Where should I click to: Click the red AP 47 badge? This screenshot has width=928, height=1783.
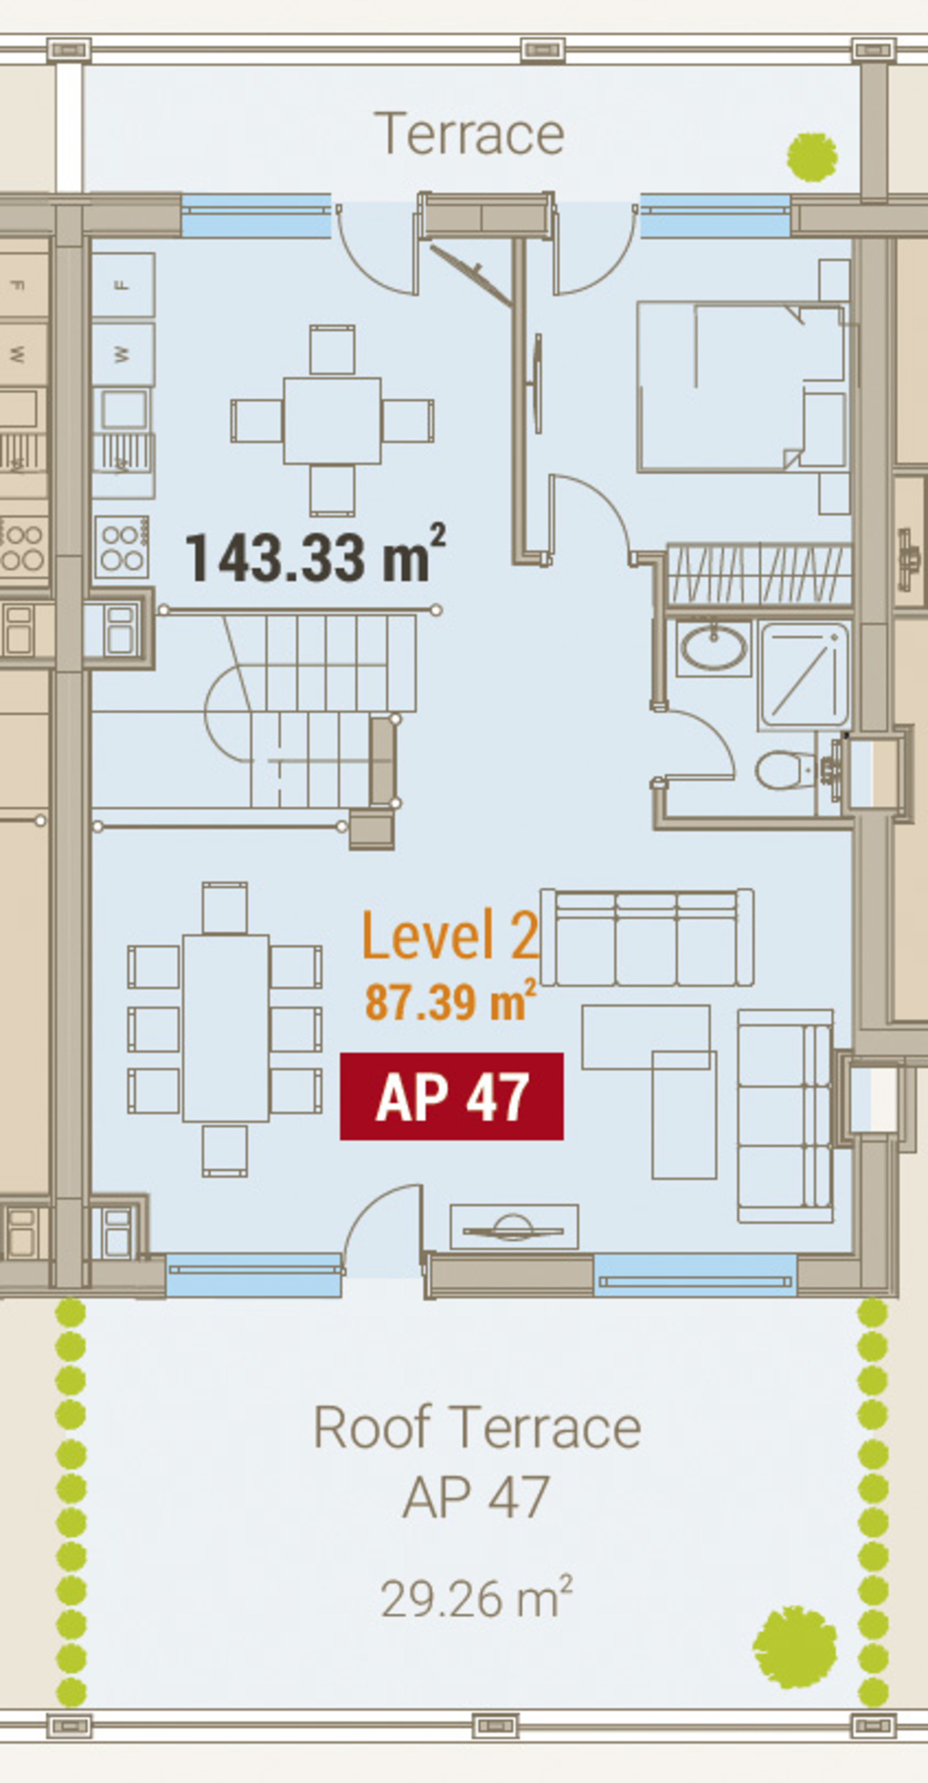pos(451,1096)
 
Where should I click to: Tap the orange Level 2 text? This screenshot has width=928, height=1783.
pos(450,935)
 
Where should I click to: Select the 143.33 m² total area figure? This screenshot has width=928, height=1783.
pos(316,555)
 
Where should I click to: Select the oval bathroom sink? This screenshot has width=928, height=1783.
pos(714,648)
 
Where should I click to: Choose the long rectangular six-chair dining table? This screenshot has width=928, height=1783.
pos(226,1029)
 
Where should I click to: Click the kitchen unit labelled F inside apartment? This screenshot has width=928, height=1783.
pos(123,285)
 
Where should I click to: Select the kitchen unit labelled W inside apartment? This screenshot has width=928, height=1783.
pos(123,354)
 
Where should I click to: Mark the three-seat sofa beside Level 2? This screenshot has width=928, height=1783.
pos(647,937)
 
